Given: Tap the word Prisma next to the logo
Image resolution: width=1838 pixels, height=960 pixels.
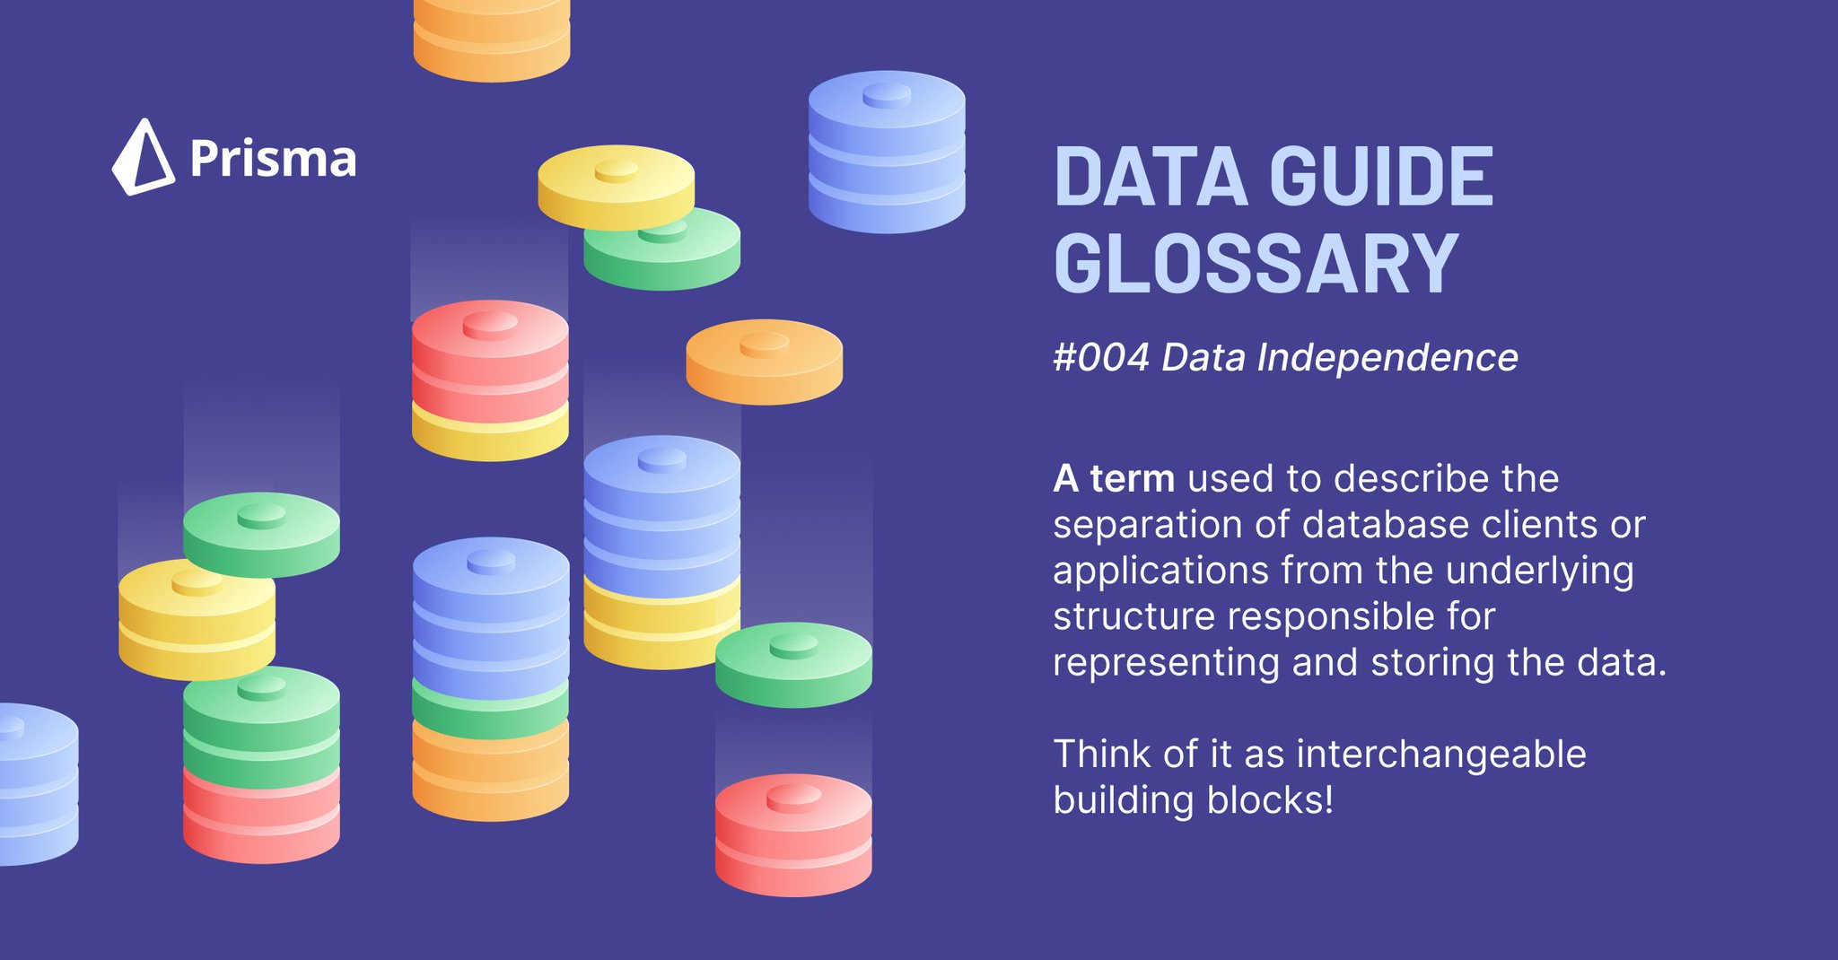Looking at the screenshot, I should [x=273, y=160].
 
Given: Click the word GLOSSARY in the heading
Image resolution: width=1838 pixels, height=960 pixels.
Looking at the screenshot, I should [x=1256, y=264].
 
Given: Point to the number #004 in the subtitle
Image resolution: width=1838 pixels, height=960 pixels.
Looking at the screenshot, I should [x=1100, y=358].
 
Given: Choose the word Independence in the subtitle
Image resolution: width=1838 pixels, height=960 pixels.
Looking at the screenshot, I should [x=1387, y=358].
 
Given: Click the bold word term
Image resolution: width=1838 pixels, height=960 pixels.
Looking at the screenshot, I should [x=1132, y=478].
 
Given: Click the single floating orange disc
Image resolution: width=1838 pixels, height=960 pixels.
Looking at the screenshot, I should [x=764, y=362].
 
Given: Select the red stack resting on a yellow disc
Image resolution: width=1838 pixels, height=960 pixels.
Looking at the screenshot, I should [x=490, y=363].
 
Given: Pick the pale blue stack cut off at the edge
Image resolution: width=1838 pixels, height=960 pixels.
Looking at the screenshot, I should [x=36, y=783].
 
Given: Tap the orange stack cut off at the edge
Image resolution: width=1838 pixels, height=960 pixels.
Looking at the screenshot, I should [x=491, y=40].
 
